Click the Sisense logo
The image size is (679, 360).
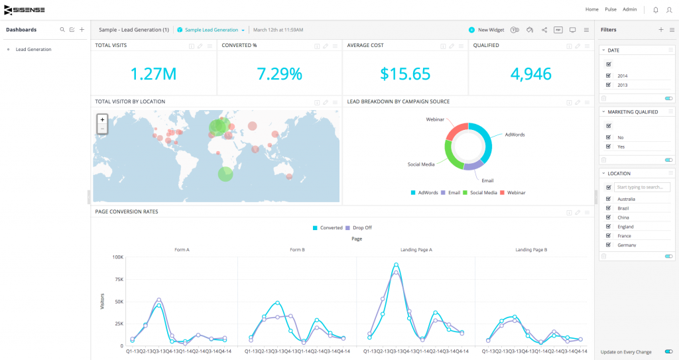(x=26, y=9)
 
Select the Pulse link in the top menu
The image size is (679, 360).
(x=611, y=9)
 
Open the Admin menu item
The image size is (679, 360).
(x=629, y=9)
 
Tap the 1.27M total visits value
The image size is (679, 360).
(x=153, y=74)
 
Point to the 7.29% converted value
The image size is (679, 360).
(x=279, y=74)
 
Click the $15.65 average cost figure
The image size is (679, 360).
(x=404, y=74)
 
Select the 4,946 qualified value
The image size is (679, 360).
(x=530, y=74)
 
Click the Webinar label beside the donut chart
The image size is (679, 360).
(x=435, y=120)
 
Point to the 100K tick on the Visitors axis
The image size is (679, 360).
(x=117, y=257)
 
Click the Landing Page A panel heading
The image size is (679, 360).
(x=416, y=250)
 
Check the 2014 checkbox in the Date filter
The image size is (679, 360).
(x=609, y=76)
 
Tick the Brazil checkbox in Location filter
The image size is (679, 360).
(x=609, y=208)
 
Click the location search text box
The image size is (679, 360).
(x=641, y=188)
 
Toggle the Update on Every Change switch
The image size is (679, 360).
(x=668, y=352)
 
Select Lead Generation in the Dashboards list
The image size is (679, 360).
(x=33, y=49)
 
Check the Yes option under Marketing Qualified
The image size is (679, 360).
(x=609, y=147)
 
